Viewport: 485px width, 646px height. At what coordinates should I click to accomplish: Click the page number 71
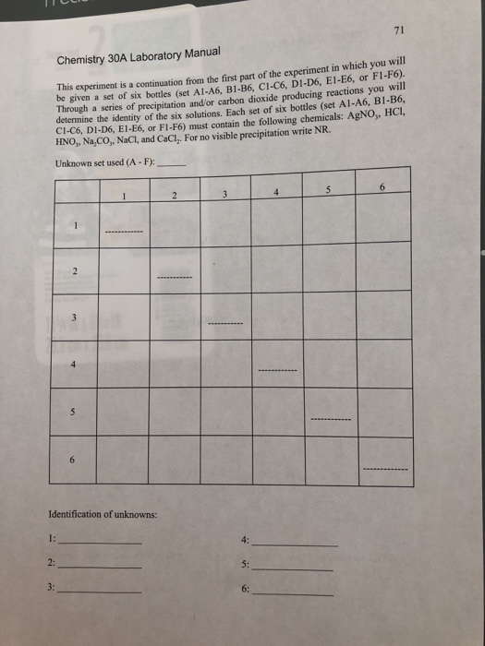click(399, 30)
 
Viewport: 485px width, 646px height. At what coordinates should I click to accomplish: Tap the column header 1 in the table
click(122, 194)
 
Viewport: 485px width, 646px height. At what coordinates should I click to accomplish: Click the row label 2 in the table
click(77, 271)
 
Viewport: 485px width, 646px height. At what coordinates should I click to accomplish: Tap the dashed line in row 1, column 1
click(122, 232)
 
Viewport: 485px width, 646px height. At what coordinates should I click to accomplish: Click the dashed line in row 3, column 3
click(224, 326)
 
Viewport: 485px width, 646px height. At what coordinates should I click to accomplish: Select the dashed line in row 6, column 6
click(386, 469)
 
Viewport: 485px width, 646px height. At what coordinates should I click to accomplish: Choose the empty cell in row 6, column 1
click(122, 460)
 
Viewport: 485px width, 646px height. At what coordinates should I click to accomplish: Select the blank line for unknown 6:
click(293, 594)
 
